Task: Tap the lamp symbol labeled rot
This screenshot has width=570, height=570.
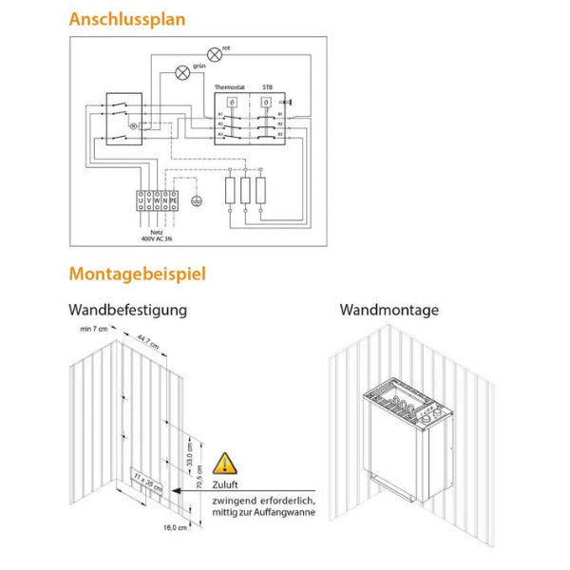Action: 215,54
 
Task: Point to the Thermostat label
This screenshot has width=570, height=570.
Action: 230,86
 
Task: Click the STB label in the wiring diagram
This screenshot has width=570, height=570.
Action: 268,86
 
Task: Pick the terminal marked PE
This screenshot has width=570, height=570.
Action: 175,200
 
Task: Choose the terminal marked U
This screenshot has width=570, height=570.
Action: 142,200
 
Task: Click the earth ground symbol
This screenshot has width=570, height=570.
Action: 196,200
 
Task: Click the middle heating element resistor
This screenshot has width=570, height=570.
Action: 245,191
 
